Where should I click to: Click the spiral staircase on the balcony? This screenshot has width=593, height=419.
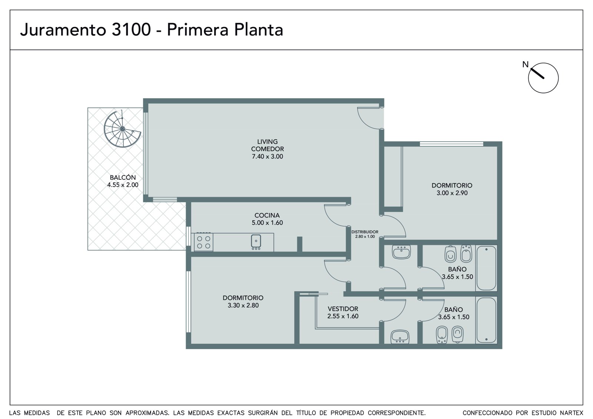pos(122,129)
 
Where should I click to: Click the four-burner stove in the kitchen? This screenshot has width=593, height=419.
pos(203,242)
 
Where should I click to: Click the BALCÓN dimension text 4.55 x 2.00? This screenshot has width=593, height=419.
pos(123,185)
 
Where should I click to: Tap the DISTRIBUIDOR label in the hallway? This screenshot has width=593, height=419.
pos(365,232)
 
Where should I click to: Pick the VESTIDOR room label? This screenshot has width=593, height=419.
pos(343,309)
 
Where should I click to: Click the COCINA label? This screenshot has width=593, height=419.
pos(267,215)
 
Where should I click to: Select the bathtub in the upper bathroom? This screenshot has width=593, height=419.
pos(486,268)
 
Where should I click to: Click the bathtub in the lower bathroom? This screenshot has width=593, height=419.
pos(486,320)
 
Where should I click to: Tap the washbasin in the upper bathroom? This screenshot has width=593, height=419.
pos(401,252)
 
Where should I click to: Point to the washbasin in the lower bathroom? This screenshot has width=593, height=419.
pos(400,336)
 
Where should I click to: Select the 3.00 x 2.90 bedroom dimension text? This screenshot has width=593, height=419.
pos(452,193)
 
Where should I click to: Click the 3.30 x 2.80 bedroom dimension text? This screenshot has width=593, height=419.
pos(243,305)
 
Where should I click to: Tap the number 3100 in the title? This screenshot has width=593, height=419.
pos(131,29)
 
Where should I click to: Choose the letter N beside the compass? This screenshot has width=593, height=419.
pos(525,64)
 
